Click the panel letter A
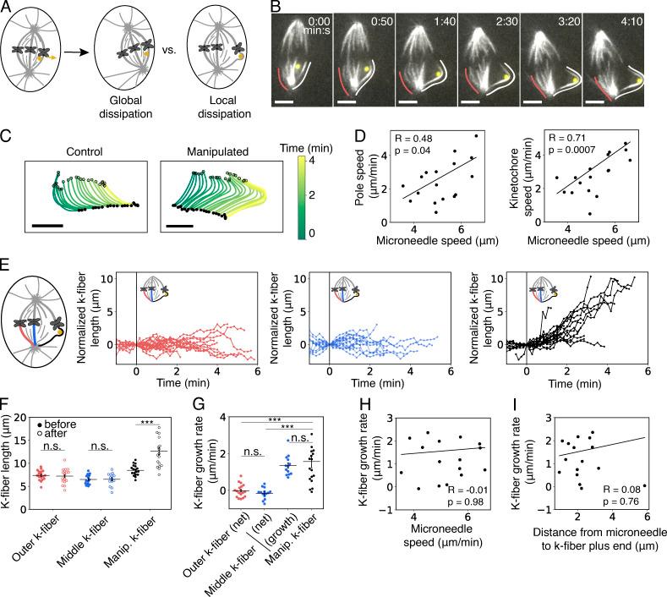[x=8, y=8]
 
